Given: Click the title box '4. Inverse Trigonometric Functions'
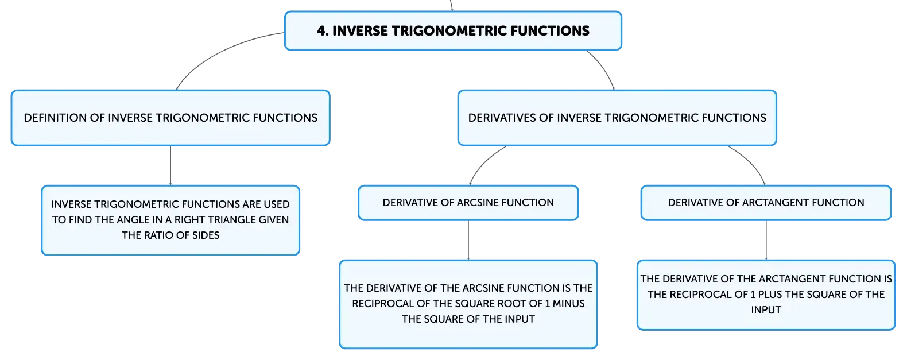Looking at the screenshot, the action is [453, 31].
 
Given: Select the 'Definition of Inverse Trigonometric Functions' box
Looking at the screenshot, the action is [170, 118].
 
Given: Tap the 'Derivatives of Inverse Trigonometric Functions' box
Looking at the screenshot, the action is [617, 118].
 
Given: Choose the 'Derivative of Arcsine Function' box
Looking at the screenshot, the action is [468, 203].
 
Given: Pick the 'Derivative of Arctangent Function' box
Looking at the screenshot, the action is [766, 203].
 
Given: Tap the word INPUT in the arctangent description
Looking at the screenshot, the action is [766, 310].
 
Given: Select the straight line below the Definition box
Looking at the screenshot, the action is [170, 165].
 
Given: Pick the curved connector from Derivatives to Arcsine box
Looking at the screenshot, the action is [483, 162].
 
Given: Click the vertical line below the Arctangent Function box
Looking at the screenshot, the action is [766, 240].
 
